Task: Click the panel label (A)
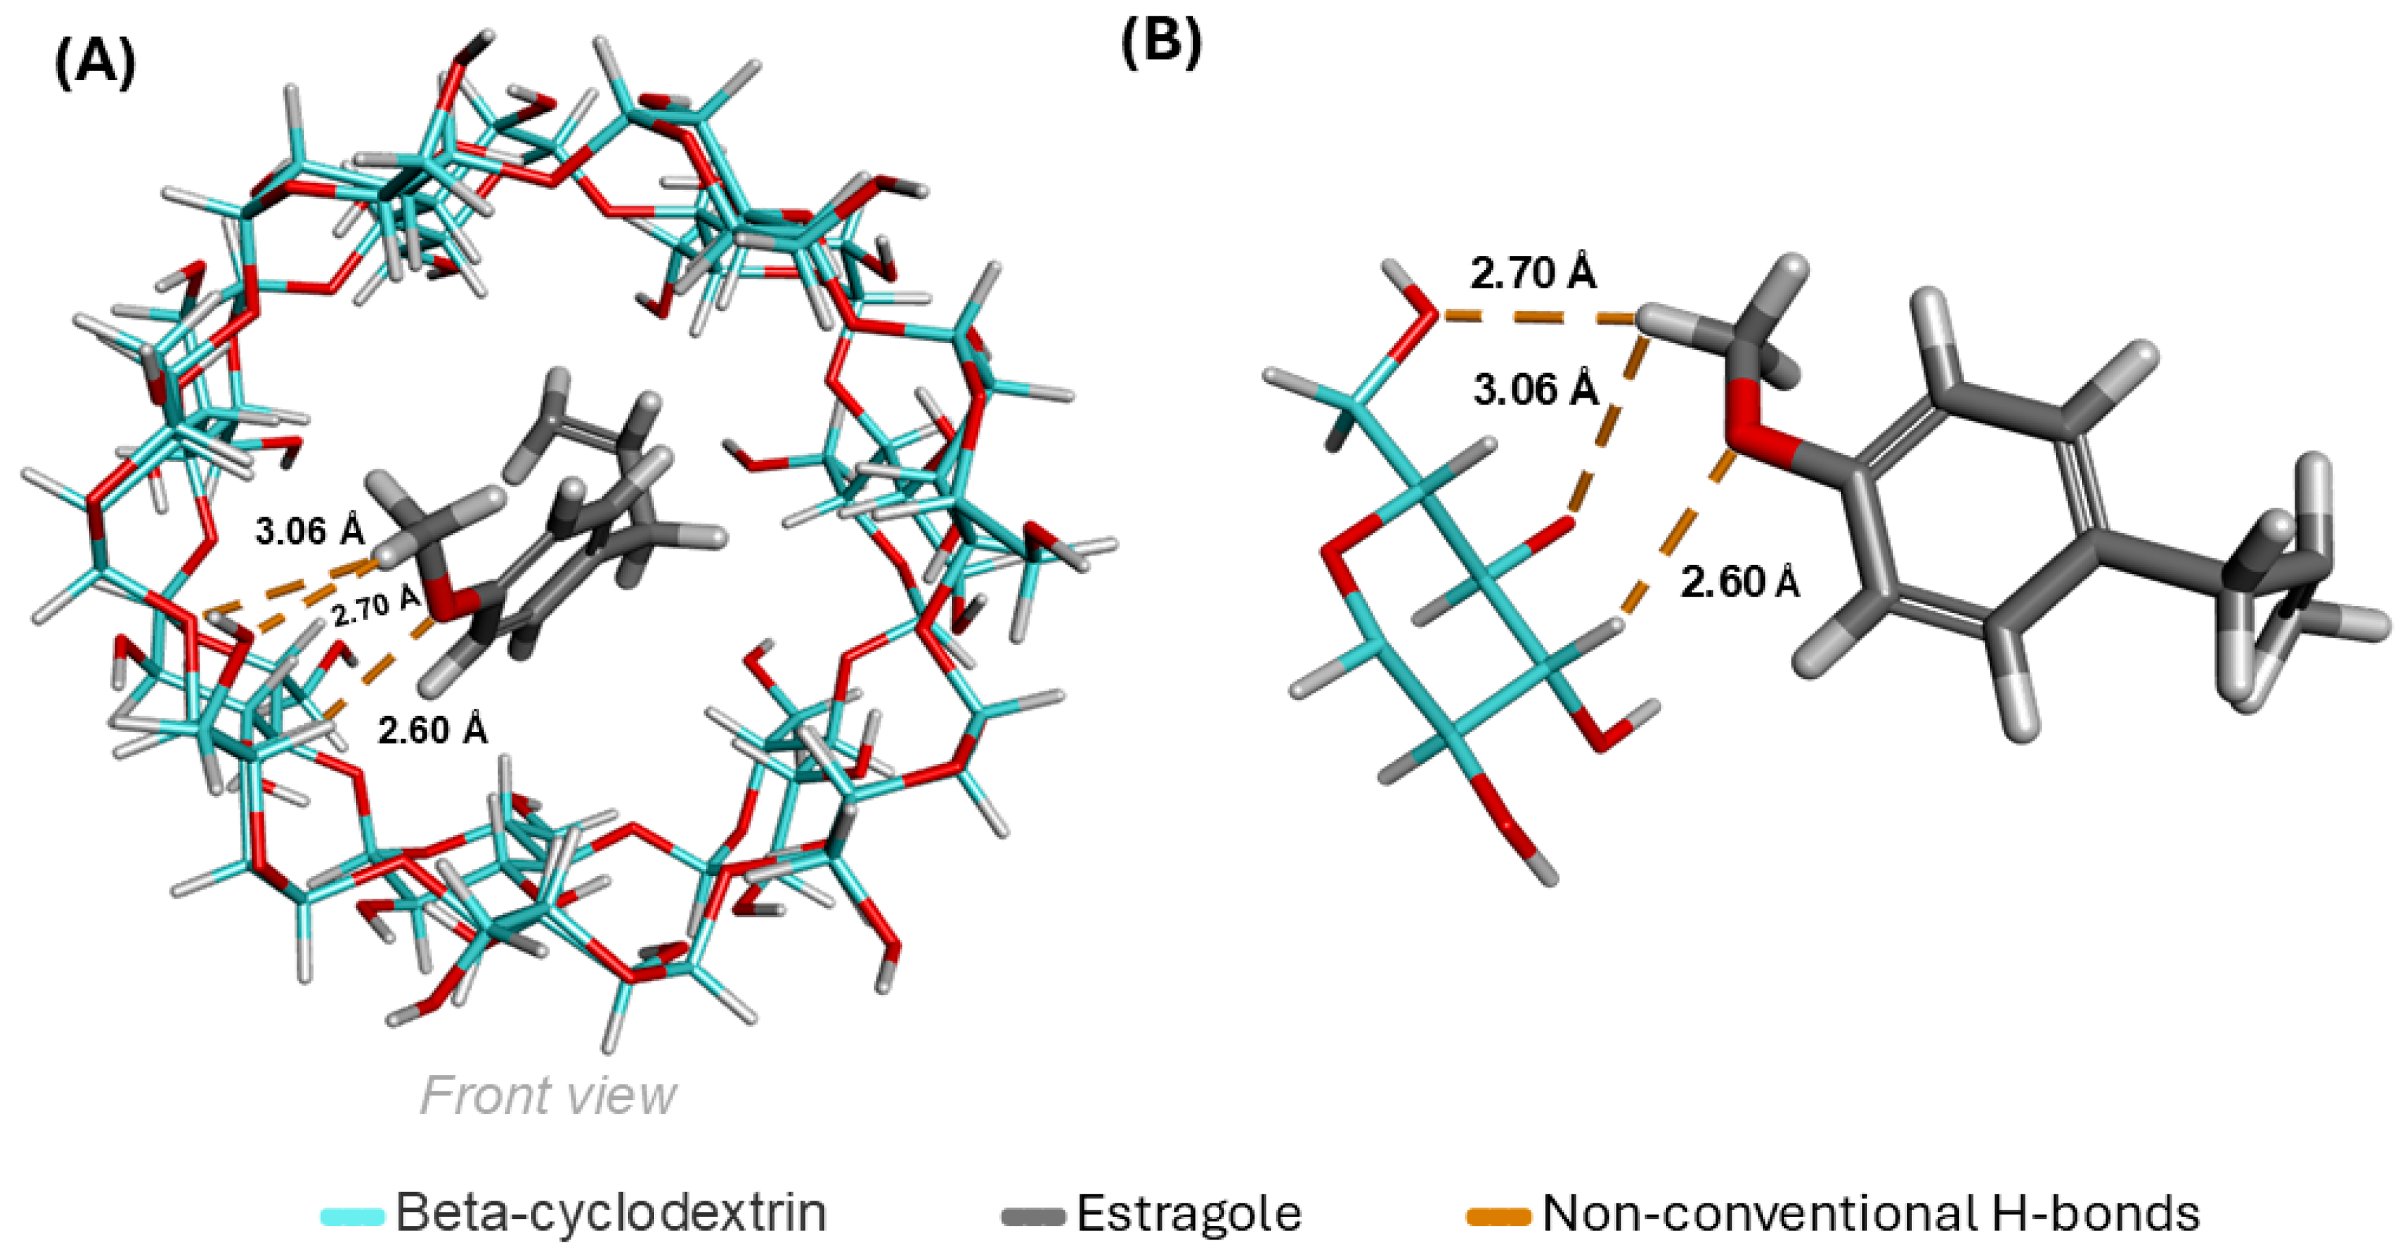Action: click(95, 66)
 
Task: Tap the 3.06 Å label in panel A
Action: click(309, 532)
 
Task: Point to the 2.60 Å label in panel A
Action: click(433, 728)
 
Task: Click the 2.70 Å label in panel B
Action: click(1533, 273)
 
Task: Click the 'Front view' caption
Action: click(548, 1095)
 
